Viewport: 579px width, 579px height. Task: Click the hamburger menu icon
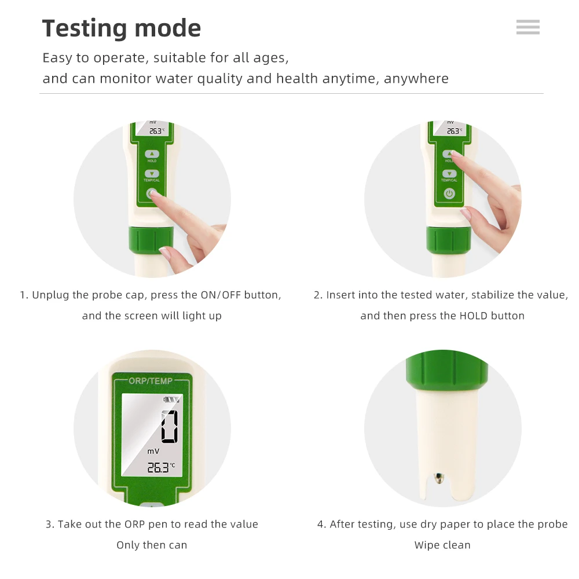click(x=527, y=27)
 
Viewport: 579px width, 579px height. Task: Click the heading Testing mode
click(x=122, y=28)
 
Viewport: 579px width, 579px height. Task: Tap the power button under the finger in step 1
click(x=152, y=194)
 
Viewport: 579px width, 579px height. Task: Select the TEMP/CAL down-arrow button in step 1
click(x=152, y=173)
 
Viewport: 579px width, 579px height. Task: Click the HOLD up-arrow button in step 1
click(x=152, y=154)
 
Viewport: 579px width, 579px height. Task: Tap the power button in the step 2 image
click(x=449, y=194)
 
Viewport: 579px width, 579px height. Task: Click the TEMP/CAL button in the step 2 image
click(x=449, y=174)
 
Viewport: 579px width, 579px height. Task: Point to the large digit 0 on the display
click(x=169, y=427)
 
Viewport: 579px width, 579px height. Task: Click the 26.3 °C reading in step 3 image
click(x=160, y=468)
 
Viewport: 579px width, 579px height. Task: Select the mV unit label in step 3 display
click(x=153, y=451)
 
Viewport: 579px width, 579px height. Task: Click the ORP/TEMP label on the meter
click(x=151, y=381)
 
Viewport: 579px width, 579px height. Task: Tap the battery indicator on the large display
click(x=171, y=399)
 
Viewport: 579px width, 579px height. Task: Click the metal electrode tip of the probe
click(x=439, y=478)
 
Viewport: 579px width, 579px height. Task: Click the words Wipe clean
click(x=442, y=545)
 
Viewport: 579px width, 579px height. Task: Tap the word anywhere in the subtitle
click(x=416, y=79)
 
